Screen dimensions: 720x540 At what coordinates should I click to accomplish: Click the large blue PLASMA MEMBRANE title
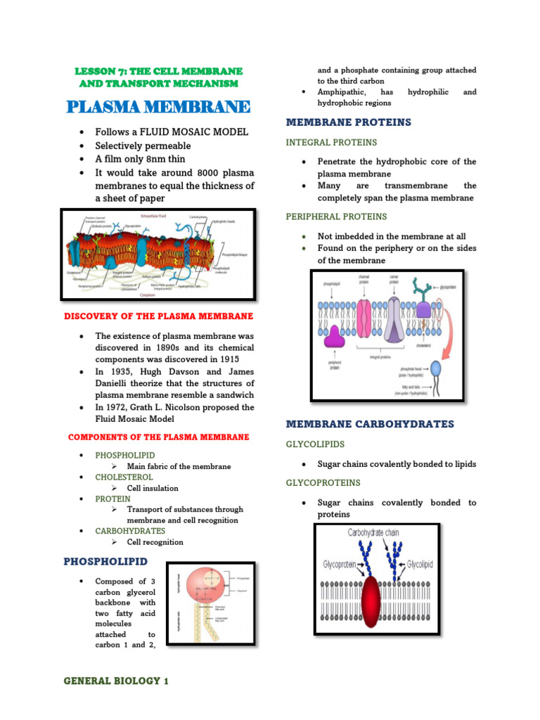(158, 107)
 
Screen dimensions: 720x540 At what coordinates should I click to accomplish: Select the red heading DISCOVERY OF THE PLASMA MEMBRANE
(158, 316)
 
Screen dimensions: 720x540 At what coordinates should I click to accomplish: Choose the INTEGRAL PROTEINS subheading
(331, 143)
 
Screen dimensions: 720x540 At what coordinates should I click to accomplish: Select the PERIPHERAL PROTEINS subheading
(336, 217)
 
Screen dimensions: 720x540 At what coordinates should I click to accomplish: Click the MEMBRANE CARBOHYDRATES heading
(370, 424)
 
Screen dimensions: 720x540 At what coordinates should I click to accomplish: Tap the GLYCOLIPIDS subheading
(315, 444)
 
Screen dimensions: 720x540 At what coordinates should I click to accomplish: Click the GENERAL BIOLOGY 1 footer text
(116, 681)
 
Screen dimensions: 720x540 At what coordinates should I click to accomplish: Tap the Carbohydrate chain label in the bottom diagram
(373, 533)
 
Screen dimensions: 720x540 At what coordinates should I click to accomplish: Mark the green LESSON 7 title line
(158, 72)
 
